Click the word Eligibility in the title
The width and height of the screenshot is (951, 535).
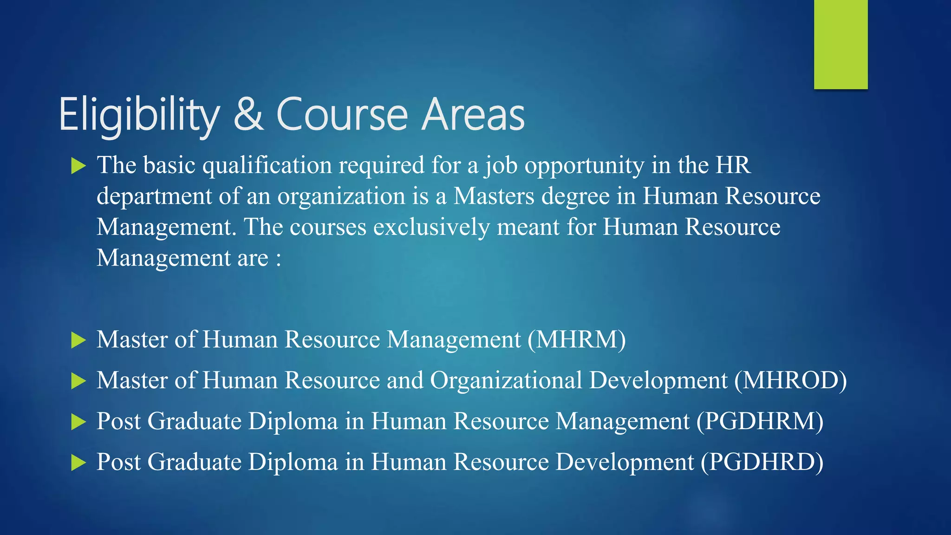point(139,115)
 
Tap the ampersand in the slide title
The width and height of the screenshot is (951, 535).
point(248,114)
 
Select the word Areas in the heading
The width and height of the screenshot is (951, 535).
point(474,115)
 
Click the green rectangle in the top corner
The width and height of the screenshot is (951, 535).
point(840,44)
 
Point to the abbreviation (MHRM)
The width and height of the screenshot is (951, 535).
point(577,339)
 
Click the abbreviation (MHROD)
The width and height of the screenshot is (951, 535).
point(791,380)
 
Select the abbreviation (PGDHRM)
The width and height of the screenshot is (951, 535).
point(760,421)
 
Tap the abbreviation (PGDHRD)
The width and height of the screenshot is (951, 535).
point(762,462)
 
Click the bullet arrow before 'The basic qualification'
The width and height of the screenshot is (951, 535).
point(78,166)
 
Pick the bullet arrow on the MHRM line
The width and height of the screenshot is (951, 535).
point(78,340)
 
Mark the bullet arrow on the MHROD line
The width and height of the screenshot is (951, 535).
point(78,381)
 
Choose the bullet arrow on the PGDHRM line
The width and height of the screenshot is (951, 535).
point(78,422)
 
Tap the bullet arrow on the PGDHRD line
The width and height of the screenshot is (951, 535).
point(78,463)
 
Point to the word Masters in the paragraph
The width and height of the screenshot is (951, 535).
point(494,196)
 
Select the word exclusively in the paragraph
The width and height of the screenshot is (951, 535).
point(431,227)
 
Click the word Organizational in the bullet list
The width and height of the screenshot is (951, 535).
point(506,380)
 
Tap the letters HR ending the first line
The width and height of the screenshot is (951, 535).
point(733,165)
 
